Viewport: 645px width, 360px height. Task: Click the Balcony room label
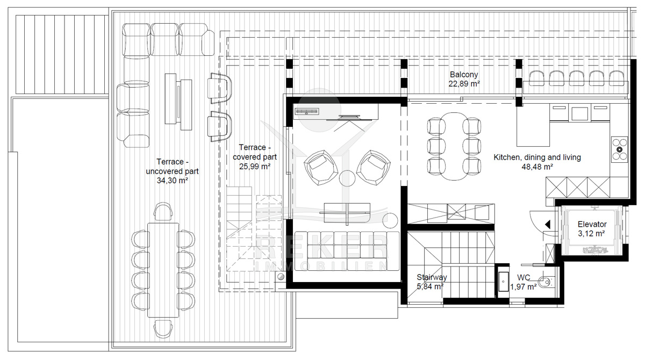(x=463, y=75)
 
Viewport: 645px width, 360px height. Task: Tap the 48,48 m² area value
(x=537, y=167)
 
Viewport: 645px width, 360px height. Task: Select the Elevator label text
(x=592, y=224)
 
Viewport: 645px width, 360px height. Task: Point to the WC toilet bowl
(x=545, y=282)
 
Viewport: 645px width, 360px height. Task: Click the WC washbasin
(x=503, y=282)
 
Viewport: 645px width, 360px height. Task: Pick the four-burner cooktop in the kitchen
(x=619, y=149)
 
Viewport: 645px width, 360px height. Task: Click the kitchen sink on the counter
(x=579, y=113)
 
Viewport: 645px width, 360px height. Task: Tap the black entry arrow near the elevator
(x=547, y=225)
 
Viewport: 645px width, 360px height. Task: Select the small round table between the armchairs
(x=347, y=178)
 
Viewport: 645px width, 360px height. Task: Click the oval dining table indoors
(x=454, y=146)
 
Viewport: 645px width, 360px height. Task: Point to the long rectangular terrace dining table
(x=163, y=270)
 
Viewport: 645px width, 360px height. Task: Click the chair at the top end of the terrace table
(x=163, y=212)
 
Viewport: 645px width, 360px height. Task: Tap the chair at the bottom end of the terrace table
(x=163, y=329)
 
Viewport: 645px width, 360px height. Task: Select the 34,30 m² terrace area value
(x=172, y=181)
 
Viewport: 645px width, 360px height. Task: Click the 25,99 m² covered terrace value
(x=255, y=167)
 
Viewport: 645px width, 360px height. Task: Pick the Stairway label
(x=432, y=277)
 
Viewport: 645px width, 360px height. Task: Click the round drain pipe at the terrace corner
(x=281, y=277)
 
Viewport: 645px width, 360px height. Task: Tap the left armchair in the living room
(x=321, y=168)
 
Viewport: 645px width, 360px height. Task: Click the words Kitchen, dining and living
(x=537, y=157)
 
